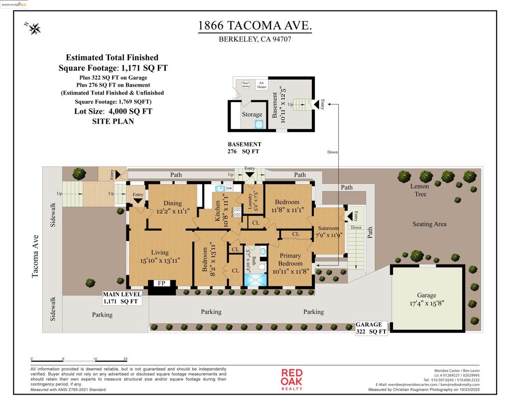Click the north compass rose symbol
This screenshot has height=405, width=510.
click(x=34, y=28)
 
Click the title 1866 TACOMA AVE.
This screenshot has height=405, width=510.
click(x=255, y=26)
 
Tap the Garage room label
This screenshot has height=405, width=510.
click(x=426, y=295)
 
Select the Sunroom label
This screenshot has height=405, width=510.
click(x=328, y=228)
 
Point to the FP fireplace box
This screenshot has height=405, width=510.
click(x=161, y=283)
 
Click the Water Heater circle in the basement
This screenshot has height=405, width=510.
click(x=246, y=85)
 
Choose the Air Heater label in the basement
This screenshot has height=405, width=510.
click(x=261, y=85)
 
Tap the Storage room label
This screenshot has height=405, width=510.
click(x=252, y=115)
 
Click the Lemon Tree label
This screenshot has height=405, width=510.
click(x=419, y=190)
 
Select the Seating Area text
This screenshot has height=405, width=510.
click(x=429, y=224)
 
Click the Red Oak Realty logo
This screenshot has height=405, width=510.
click(x=292, y=380)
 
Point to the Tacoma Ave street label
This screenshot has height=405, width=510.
click(x=35, y=257)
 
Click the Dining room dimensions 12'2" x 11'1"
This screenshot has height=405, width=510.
click(x=173, y=211)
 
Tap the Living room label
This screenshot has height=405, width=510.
click(x=159, y=253)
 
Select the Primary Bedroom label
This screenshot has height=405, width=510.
click(x=290, y=260)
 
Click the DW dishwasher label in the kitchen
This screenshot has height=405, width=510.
click(x=229, y=189)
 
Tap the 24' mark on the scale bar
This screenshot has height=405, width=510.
click(x=126, y=359)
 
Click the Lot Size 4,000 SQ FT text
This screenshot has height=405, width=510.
click(x=113, y=111)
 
